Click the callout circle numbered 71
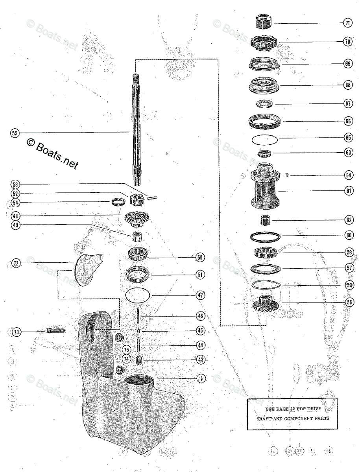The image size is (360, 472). (347, 23)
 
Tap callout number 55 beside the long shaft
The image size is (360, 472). (15, 133)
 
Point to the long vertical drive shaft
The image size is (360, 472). (136, 126)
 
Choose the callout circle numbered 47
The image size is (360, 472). (201, 295)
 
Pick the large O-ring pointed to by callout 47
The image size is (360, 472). (137, 295)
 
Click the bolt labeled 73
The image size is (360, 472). (55, 330)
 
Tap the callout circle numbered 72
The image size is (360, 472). (16, 263)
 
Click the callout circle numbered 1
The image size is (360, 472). (201, 378)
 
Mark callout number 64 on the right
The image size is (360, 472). (348, 175)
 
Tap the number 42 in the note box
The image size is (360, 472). (292, 409)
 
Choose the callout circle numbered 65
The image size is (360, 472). (348, 138)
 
